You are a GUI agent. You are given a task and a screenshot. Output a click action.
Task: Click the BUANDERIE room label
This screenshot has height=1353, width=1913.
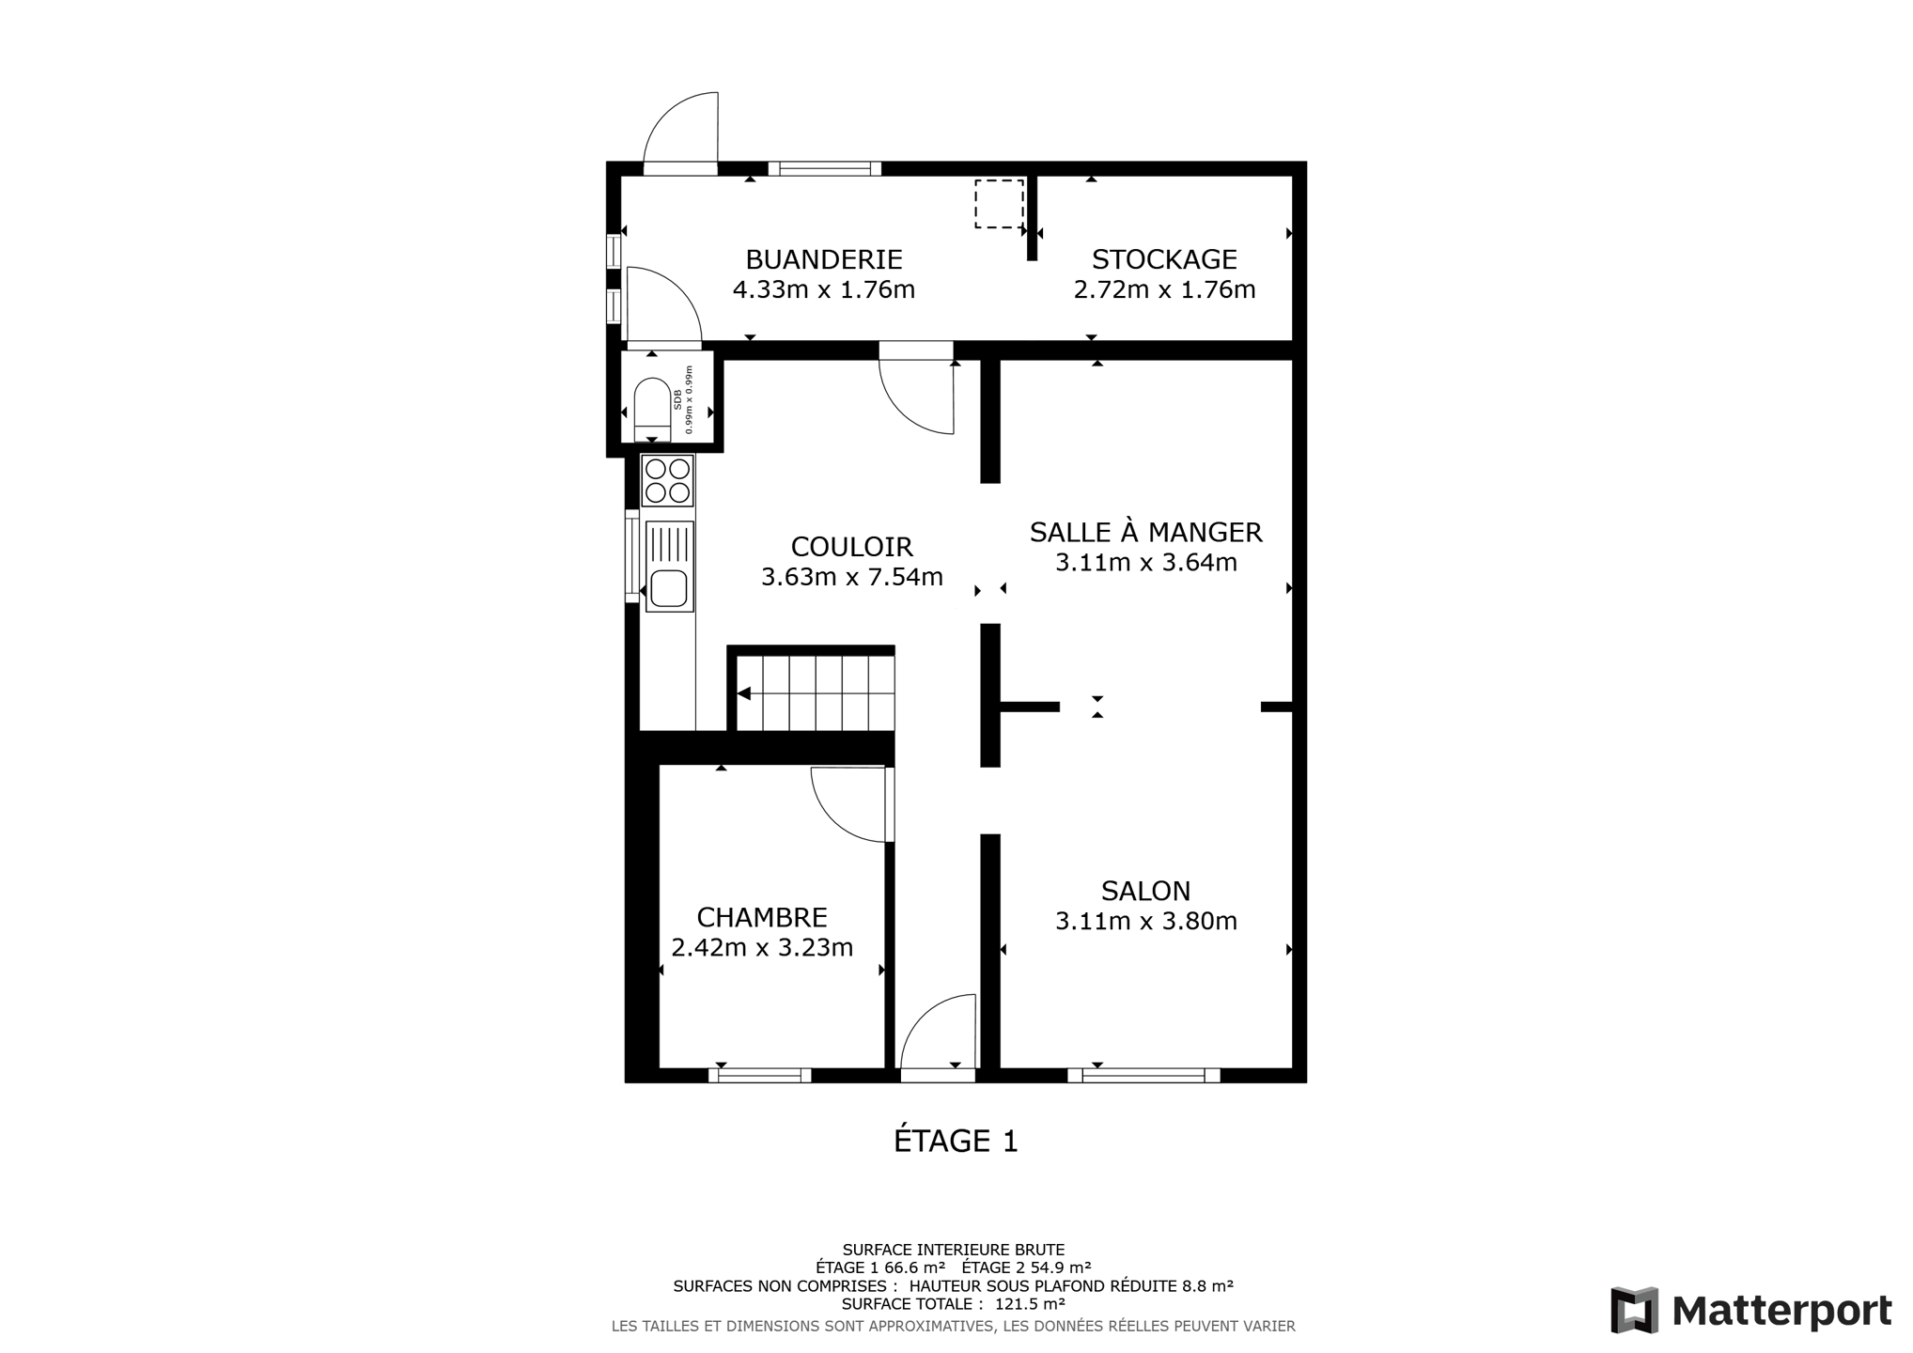824,258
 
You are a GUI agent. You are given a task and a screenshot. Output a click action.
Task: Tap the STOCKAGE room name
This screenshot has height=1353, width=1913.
1164,258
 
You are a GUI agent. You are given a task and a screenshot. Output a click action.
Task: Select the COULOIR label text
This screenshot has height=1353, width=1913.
851,546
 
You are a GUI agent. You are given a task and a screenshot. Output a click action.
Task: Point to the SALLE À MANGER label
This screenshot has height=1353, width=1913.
1145,532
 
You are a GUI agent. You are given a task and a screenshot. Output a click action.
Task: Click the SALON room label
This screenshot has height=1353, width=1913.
1145,890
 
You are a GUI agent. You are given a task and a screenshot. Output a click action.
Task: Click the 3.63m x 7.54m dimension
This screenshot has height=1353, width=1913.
851,576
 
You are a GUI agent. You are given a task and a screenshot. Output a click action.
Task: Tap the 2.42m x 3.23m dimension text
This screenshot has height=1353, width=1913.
762,947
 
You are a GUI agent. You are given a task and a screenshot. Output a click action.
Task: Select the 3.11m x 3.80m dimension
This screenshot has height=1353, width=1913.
1145,921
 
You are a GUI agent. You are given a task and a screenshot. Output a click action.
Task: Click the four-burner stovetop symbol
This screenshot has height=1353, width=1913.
667,481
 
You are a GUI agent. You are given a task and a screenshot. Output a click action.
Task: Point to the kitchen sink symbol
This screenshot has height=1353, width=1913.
669,567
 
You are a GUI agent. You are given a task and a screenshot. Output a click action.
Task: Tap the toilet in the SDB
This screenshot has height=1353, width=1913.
652,409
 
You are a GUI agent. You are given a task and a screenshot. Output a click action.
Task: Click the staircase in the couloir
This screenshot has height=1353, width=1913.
814,692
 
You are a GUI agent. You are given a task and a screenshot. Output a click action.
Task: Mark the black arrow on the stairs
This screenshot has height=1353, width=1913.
743,693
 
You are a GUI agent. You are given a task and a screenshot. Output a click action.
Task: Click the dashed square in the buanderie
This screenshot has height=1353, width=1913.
999,204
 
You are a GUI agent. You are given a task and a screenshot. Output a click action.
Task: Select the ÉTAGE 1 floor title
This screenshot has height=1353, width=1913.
956,1140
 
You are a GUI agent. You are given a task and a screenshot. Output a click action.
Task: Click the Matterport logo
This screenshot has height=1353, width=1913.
1750,1310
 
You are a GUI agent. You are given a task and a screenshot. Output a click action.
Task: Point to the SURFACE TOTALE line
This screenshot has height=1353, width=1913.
953,1303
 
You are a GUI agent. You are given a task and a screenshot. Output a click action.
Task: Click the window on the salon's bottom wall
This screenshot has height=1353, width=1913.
1143,1075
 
